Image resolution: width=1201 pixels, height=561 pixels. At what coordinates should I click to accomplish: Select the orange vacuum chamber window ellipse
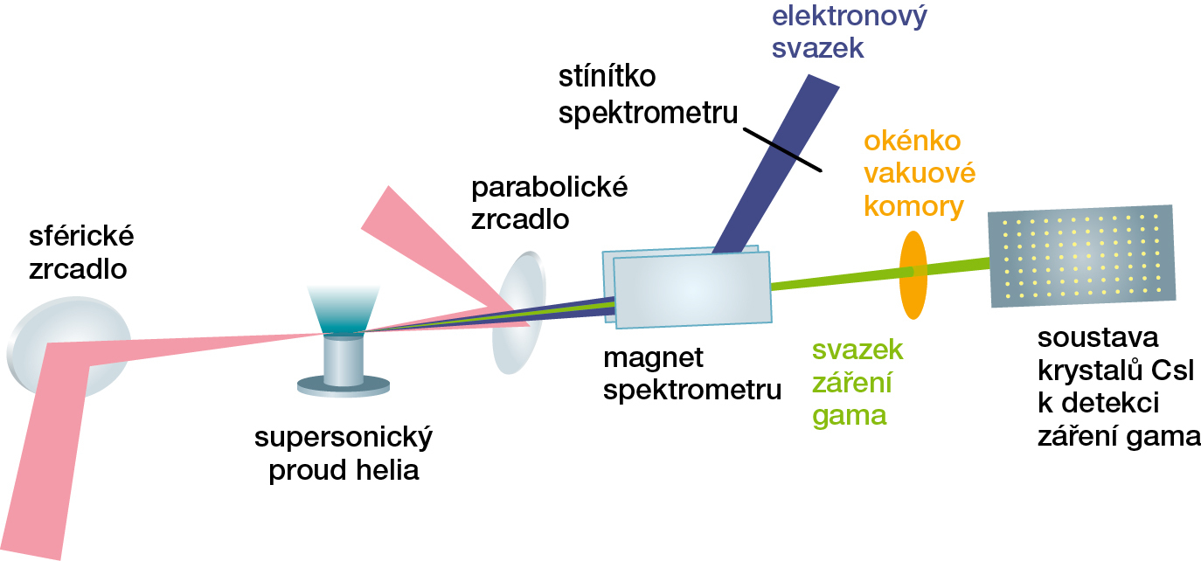[913, 274]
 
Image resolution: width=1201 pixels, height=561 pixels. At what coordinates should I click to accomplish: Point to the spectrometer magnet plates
[691, 288]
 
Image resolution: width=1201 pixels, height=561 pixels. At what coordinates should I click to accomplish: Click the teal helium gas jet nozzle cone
[344, 311]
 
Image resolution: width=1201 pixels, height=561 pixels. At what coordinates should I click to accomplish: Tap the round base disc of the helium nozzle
[343, 384]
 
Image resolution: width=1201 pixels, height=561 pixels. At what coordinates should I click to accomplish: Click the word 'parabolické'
[549, 188]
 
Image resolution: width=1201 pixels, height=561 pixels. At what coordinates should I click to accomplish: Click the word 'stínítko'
[607, 79]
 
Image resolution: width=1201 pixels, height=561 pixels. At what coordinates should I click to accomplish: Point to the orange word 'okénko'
[912, 142]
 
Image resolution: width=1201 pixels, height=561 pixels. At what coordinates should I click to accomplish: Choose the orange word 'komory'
[913, 207]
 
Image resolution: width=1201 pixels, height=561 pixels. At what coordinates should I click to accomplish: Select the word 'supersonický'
[344, 439]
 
